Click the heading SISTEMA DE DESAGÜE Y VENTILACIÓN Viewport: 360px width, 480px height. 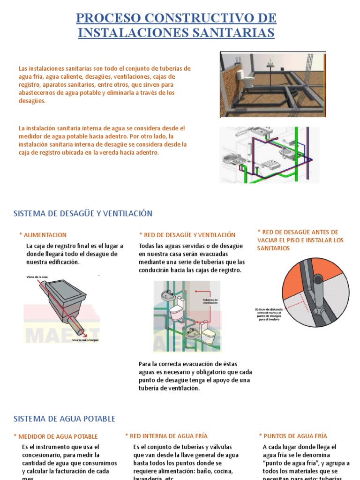point(83,213)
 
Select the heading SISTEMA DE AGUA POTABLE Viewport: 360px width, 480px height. point(64,419)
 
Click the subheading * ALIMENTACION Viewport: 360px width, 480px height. point(43,235)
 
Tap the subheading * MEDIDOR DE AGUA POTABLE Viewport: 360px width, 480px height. point(55,436)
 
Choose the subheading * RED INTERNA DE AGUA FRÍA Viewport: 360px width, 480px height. point(166,436)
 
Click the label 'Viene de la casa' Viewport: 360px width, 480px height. point(38,277)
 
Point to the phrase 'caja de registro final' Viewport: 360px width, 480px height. point(65,246)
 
